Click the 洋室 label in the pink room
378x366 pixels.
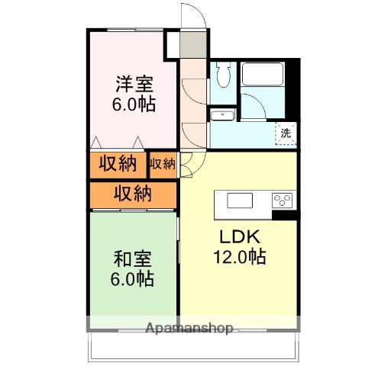134,84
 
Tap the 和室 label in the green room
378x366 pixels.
133,259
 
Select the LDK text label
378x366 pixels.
240,236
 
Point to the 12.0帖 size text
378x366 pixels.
240,257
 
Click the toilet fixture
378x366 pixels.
223,74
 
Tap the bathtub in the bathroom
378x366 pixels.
263,74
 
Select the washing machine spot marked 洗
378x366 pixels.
286,133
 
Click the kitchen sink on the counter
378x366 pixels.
240,201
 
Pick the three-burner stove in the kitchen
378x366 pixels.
282,201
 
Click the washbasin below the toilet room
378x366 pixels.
222,116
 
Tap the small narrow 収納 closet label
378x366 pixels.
163,164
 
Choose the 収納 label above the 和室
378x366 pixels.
133,194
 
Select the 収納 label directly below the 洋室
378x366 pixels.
118,163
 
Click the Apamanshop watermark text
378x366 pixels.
189,328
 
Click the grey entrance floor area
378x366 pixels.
193,44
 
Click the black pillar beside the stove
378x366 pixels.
286,215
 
